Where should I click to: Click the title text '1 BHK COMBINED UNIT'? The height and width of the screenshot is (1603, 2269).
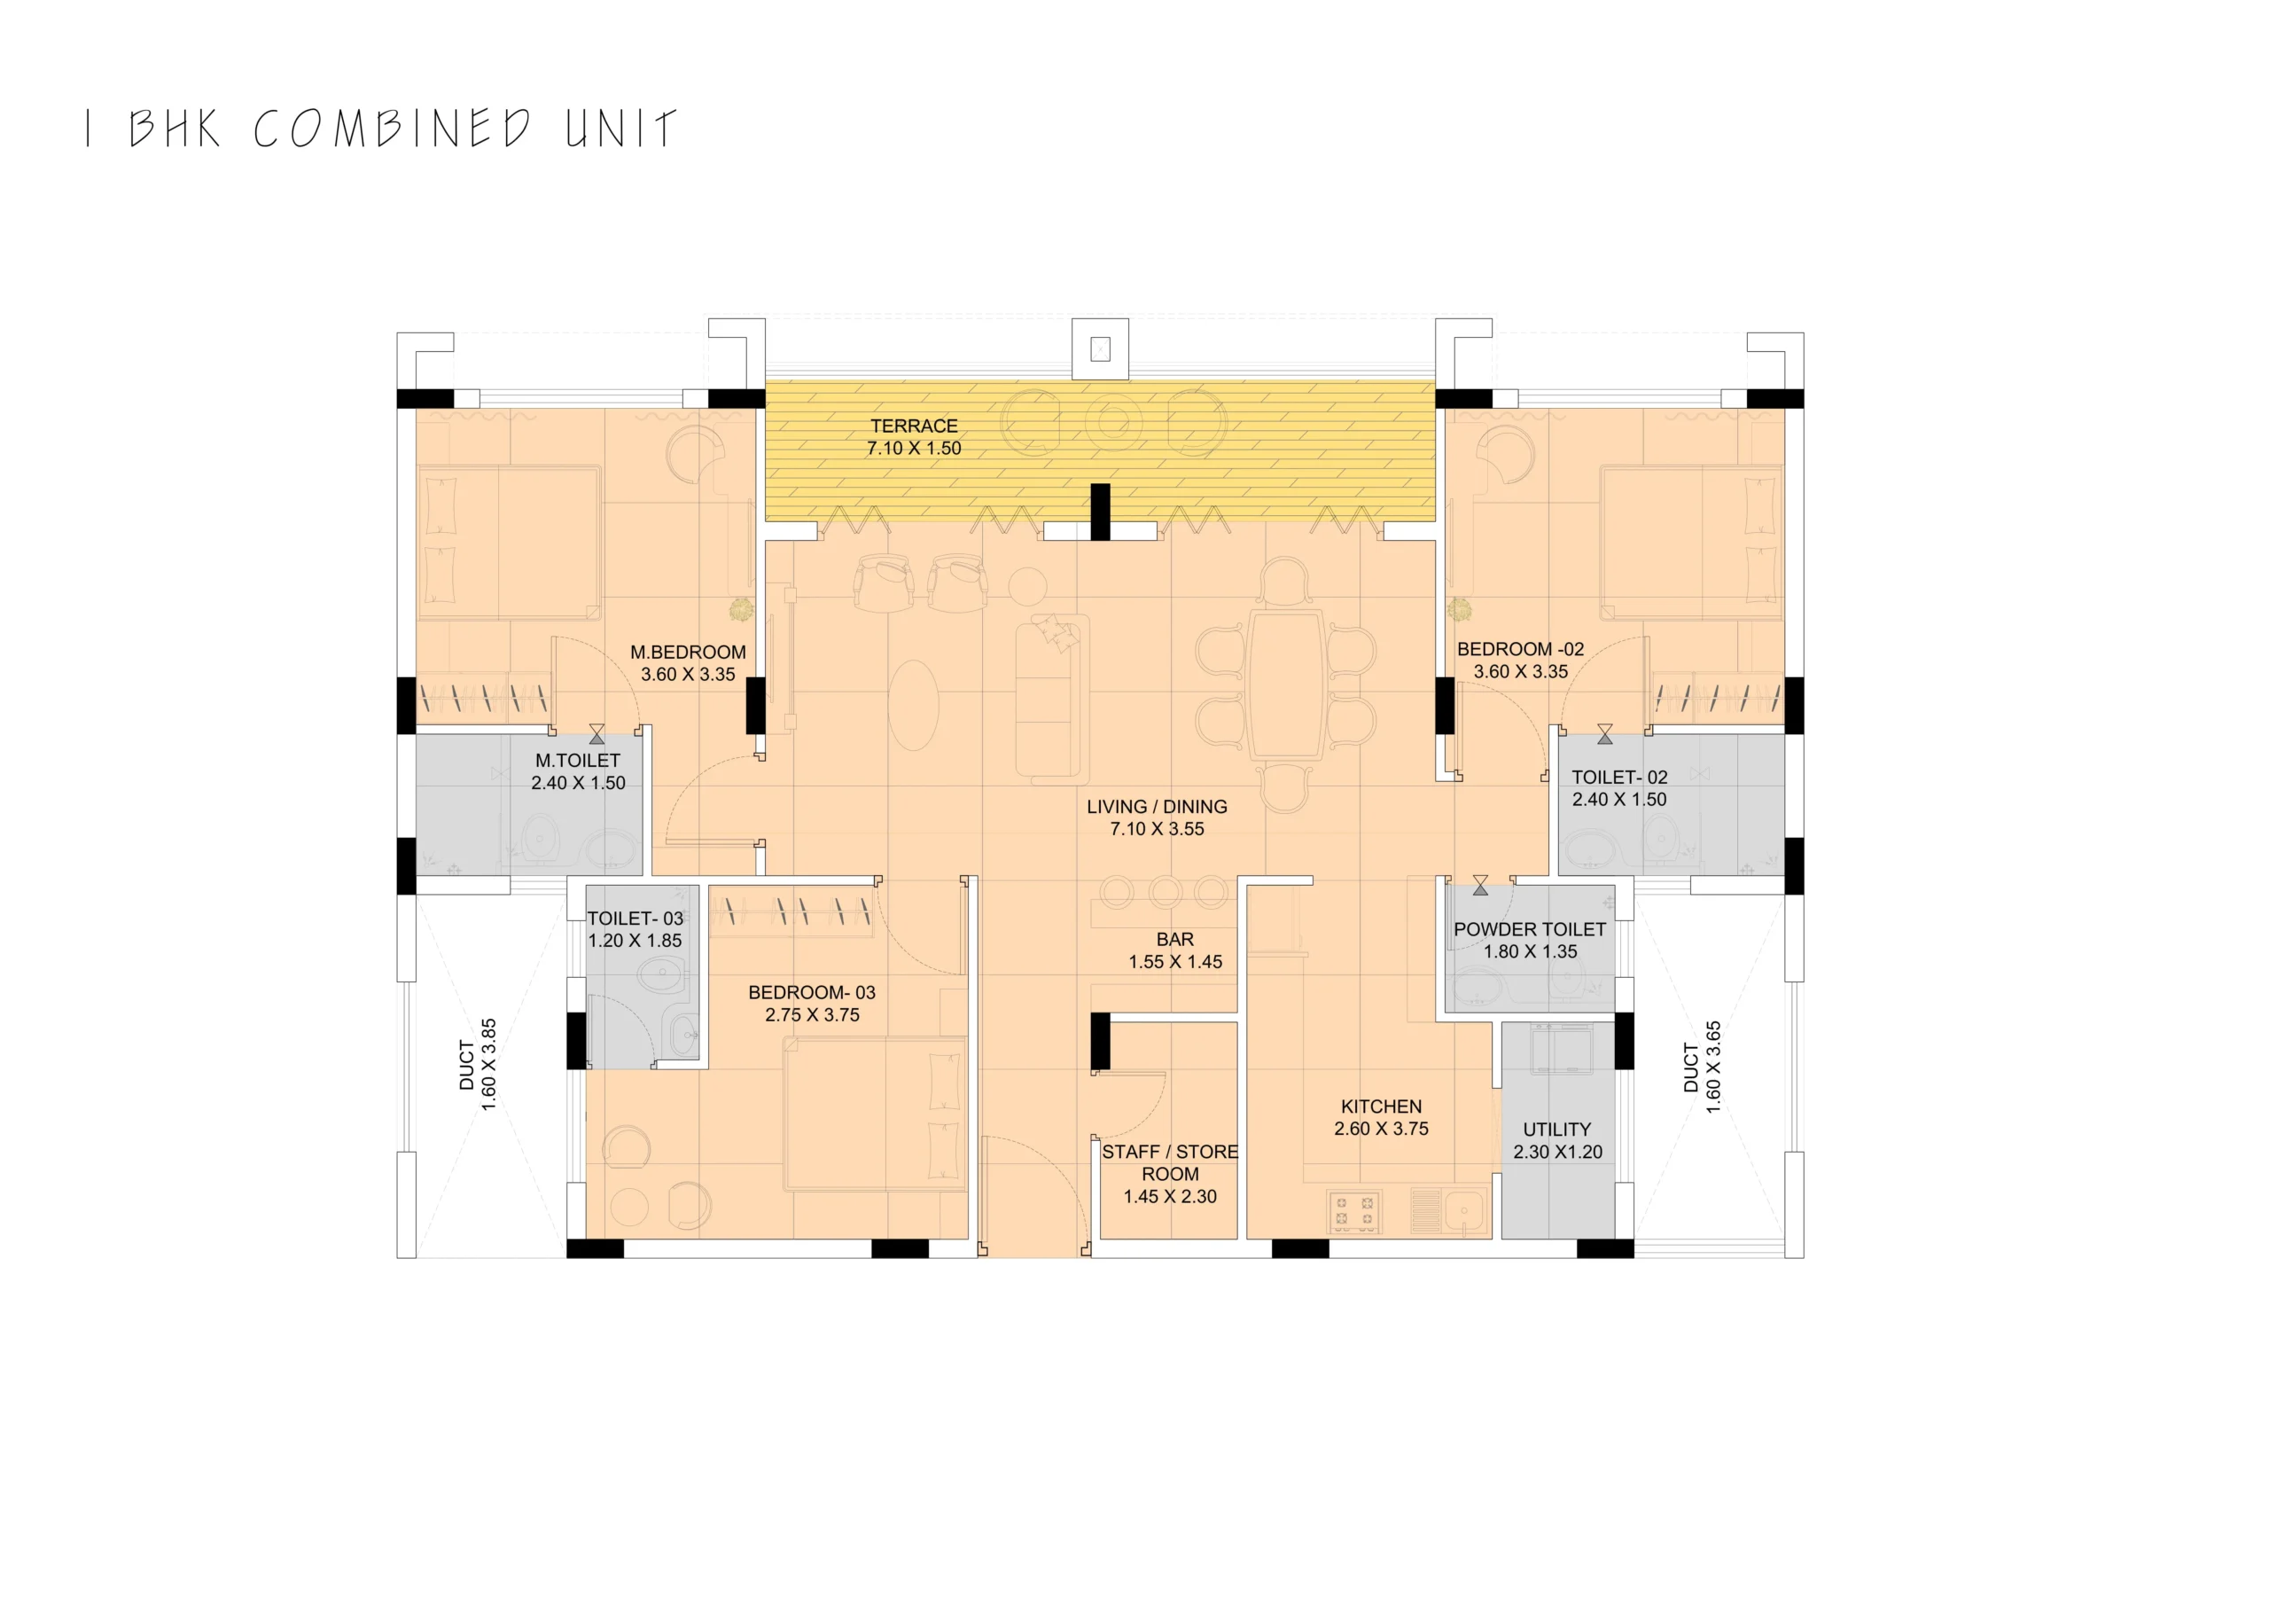coord(381,129)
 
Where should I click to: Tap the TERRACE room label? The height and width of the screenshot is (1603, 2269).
coord(914,426)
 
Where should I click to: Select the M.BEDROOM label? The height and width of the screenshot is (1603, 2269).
coord(688,653)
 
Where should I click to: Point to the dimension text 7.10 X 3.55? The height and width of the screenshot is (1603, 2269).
coord(1158,829)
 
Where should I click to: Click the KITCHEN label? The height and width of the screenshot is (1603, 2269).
coord(1382,1106)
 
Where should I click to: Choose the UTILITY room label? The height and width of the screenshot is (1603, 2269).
coord(1557,1130)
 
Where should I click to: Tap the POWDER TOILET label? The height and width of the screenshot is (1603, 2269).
coord(1530,930)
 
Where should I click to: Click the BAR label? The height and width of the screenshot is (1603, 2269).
coord(1175,940)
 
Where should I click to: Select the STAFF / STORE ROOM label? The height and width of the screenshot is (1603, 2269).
coord(1170,1163)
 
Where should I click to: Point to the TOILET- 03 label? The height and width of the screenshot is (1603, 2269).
coord(635,919)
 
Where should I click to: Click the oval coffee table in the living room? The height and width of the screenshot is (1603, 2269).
coord(913,705)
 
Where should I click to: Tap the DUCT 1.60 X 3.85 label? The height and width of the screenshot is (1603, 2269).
coord(478,1065)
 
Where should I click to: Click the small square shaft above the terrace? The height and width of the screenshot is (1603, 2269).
coord(1100,348)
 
